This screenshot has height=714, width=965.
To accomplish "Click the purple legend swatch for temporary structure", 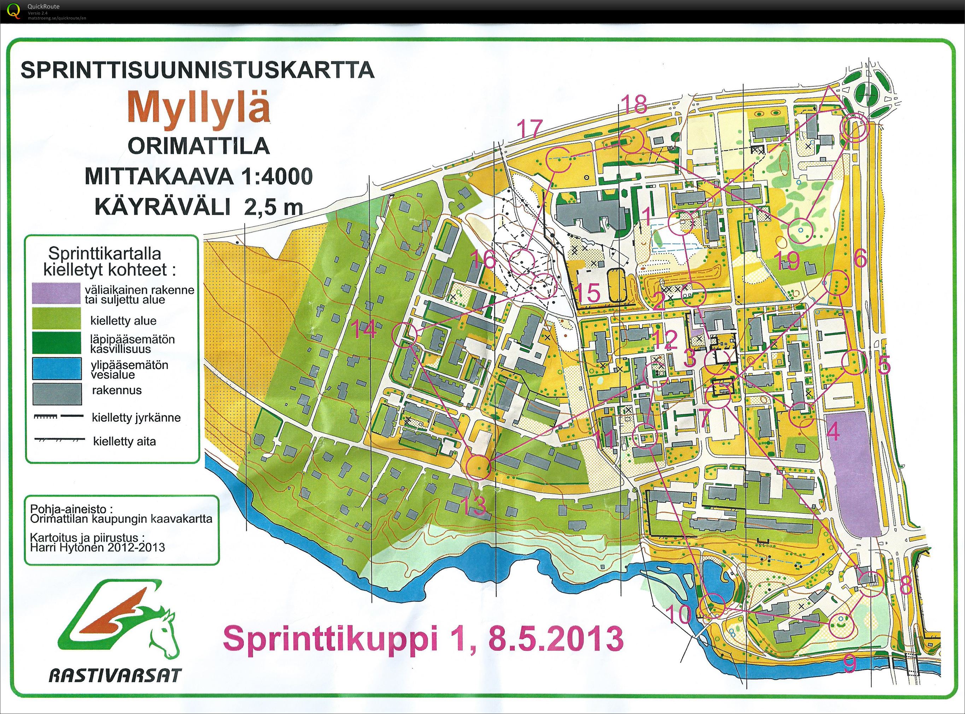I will click(57, 294).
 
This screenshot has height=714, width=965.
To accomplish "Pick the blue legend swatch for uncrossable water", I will click(57, 369).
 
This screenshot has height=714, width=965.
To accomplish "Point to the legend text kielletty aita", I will click(124, 441).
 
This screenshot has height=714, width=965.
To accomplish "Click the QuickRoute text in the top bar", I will click(43, 6).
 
